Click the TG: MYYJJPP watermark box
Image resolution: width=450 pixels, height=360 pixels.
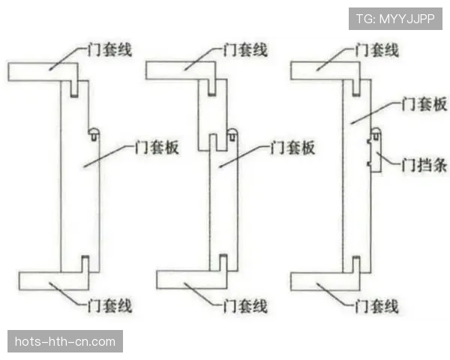click(x=395, y=19)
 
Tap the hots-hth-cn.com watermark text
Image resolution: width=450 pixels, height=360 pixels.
click(x=65, y=342)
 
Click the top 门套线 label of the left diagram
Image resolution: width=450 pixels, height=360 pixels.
click(x=109, y=50)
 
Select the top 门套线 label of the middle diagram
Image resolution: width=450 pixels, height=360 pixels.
click(x=246, y=50)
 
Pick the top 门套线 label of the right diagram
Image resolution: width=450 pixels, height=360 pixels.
click(x=376, y=50)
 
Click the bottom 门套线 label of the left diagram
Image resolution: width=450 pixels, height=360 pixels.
click(x=109, y=305)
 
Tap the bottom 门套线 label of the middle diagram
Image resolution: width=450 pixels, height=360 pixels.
click(x=246, y=305)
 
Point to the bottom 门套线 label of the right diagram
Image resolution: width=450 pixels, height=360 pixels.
click(x=376, y=305)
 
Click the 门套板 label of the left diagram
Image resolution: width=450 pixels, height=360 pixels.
click(x=157, y=147)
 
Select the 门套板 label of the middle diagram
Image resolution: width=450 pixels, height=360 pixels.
click(x=292, y=147)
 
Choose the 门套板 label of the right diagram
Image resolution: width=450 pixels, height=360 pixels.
click(x=424, y=104)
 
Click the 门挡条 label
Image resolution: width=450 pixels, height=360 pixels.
click(x=424, y=165)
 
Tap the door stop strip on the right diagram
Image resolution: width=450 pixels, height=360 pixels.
click(x=376, y=150)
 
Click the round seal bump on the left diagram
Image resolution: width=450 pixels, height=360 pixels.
click(x=94, y=133)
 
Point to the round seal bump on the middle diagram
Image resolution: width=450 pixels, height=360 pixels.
click(x=232, y=134)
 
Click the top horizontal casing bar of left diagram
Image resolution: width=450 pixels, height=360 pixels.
click(x=43, y=72)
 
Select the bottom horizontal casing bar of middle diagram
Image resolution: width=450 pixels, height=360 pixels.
click(x=192, y=280)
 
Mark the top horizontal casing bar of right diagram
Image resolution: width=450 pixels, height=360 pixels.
click(x=325, y=70)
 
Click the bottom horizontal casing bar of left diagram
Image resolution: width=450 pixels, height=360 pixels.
click(x=54, y=280)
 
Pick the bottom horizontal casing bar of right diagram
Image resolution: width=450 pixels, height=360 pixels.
click(x=325, y=281)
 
